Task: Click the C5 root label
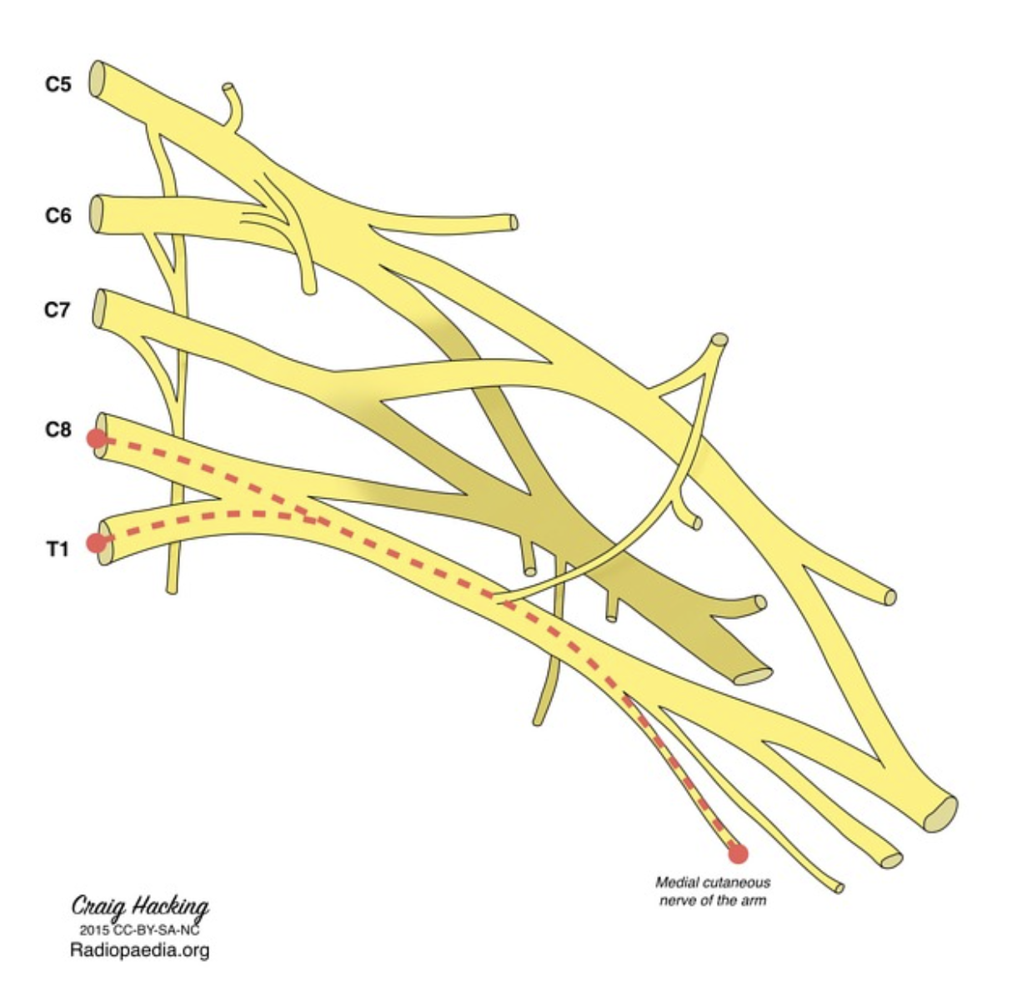tap(58, 83)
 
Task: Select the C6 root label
tap(58, 215)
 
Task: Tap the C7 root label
tap(58, 310)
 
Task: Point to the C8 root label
tap(58, 430)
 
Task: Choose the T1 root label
tap(56, 549)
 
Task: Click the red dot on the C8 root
tap(97, 438)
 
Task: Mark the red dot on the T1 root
tap(97, 542)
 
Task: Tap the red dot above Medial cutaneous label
tap(737, 853)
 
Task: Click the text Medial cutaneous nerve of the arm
tap(713, 891)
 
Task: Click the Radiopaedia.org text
tap(139, 950)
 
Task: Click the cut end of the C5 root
tap(98, 80)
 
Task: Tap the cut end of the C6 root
tap(98, 214)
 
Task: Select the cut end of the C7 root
tap(100, 309)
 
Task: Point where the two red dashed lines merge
tap(313, 519)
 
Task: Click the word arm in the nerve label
tap(753, 901)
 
